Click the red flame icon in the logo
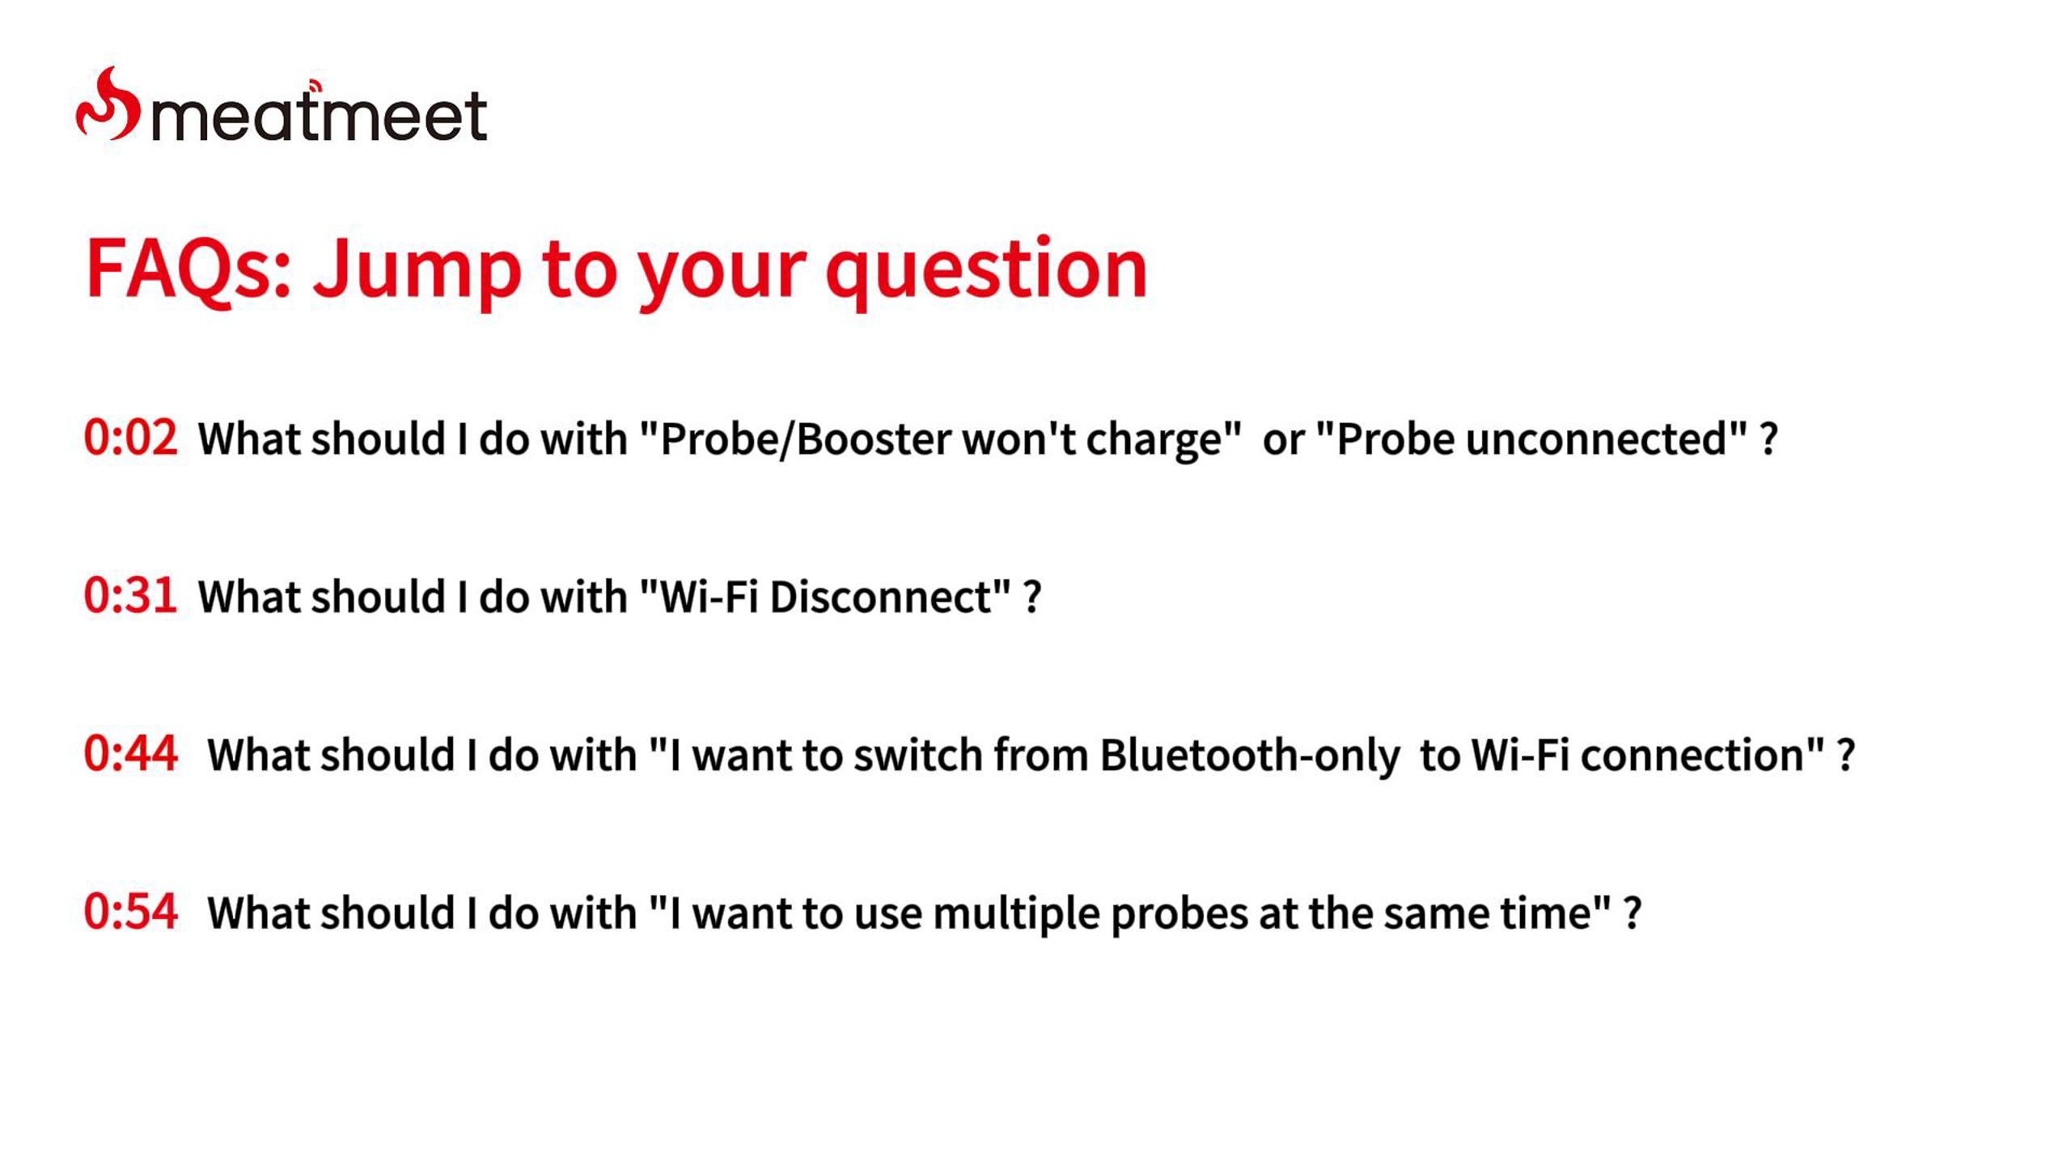[x=108, y=105]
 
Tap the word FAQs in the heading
[x=188, y=269]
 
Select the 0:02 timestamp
[x=130, y=438]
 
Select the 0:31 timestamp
[x=130, y=595]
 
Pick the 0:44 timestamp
[x=130, y=753]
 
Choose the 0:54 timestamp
[x=130, y=911]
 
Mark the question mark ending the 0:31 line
[x=1032, y=597]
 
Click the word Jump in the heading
[x=417, y=272]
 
